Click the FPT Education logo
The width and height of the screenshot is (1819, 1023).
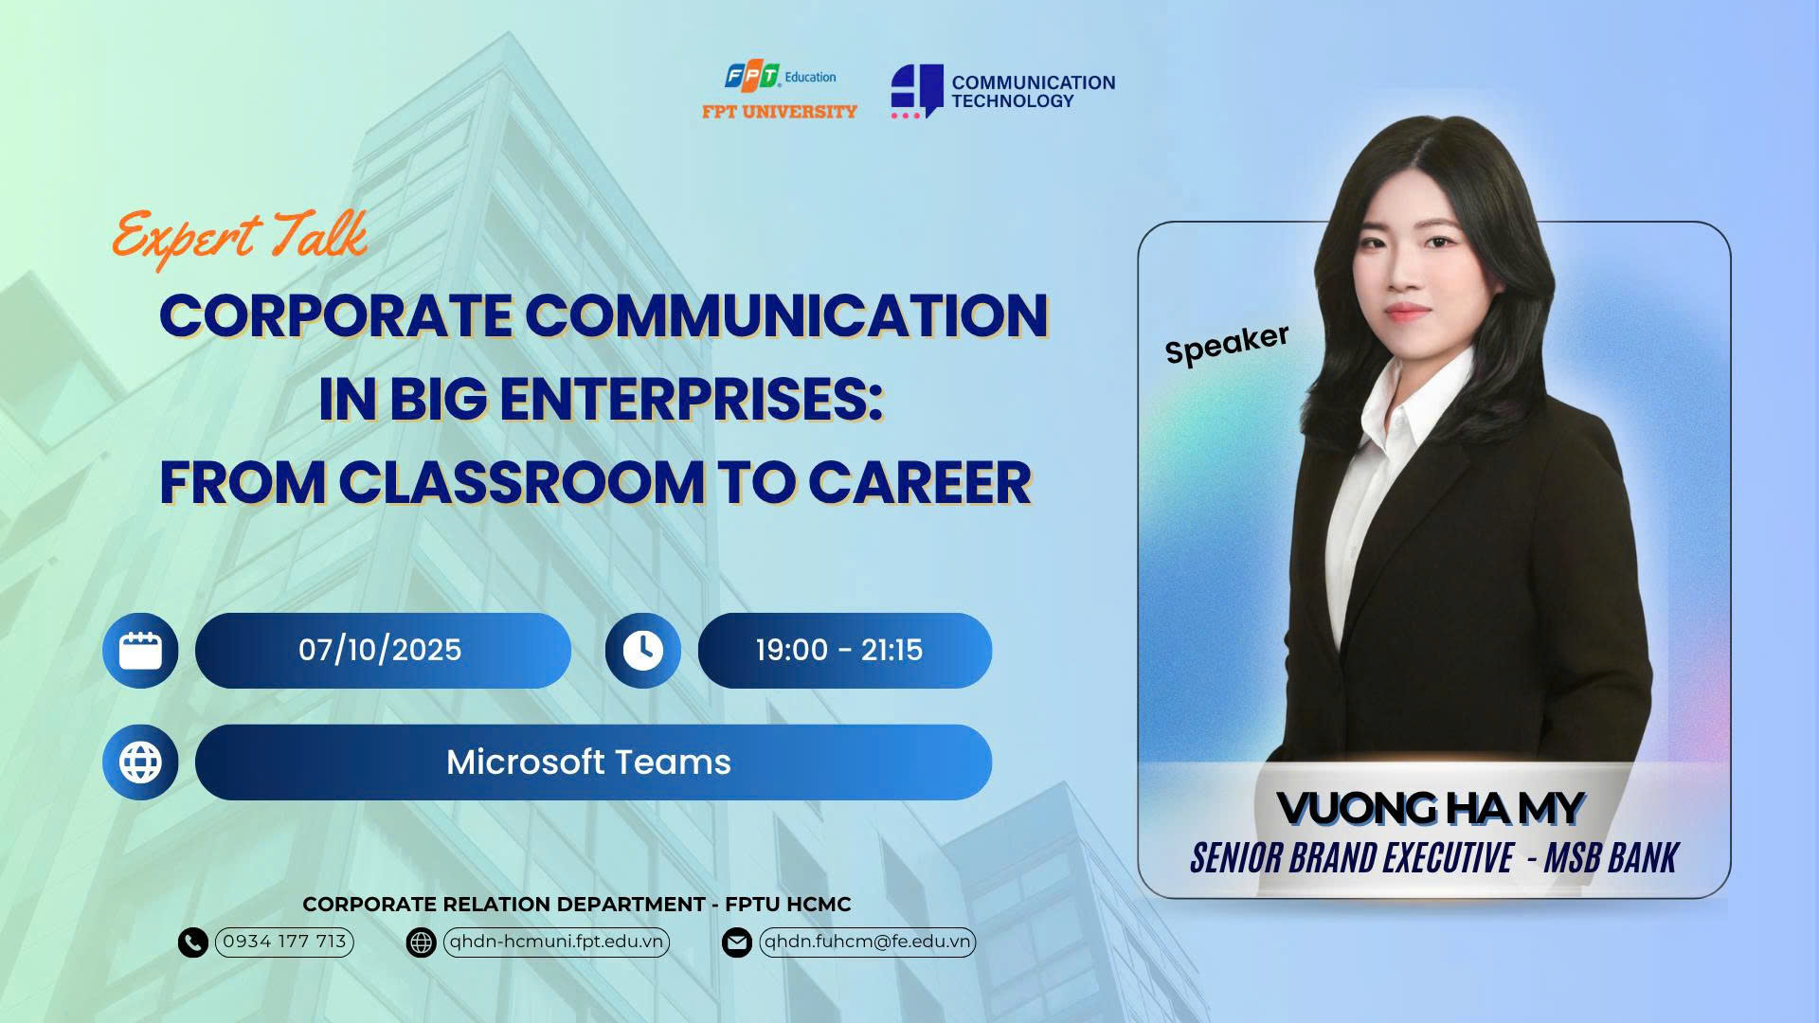tap(780, 91)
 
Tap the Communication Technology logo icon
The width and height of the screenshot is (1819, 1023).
tap(916, 91)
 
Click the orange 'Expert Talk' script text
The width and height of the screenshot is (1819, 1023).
tap(240, 236)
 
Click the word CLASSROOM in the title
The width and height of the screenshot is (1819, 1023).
tap(521, 483)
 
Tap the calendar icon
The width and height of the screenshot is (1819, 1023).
tap(140, 651)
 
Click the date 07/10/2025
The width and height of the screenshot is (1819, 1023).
tap(380, 650)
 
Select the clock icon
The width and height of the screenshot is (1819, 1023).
tap(643, 651)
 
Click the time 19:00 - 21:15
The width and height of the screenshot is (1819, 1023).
tap(838, 650)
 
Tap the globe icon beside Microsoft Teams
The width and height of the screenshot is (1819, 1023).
tap(140, 763)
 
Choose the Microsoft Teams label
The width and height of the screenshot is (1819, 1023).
tap(588, 763)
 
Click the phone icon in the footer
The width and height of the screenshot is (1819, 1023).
tap(193, 942)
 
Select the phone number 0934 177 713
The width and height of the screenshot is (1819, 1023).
tap(284, 942)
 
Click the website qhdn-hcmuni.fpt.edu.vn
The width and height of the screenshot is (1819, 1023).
tap(556, 942)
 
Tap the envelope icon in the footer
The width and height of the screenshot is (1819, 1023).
tap(737, 942)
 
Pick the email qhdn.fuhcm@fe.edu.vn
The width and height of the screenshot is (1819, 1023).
tap(867, 942)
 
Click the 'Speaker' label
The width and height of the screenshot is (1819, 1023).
tap(1227, 344)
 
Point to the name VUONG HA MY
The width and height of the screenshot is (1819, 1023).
tap(1430, 809)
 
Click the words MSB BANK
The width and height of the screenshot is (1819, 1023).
tap(1611, 858)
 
